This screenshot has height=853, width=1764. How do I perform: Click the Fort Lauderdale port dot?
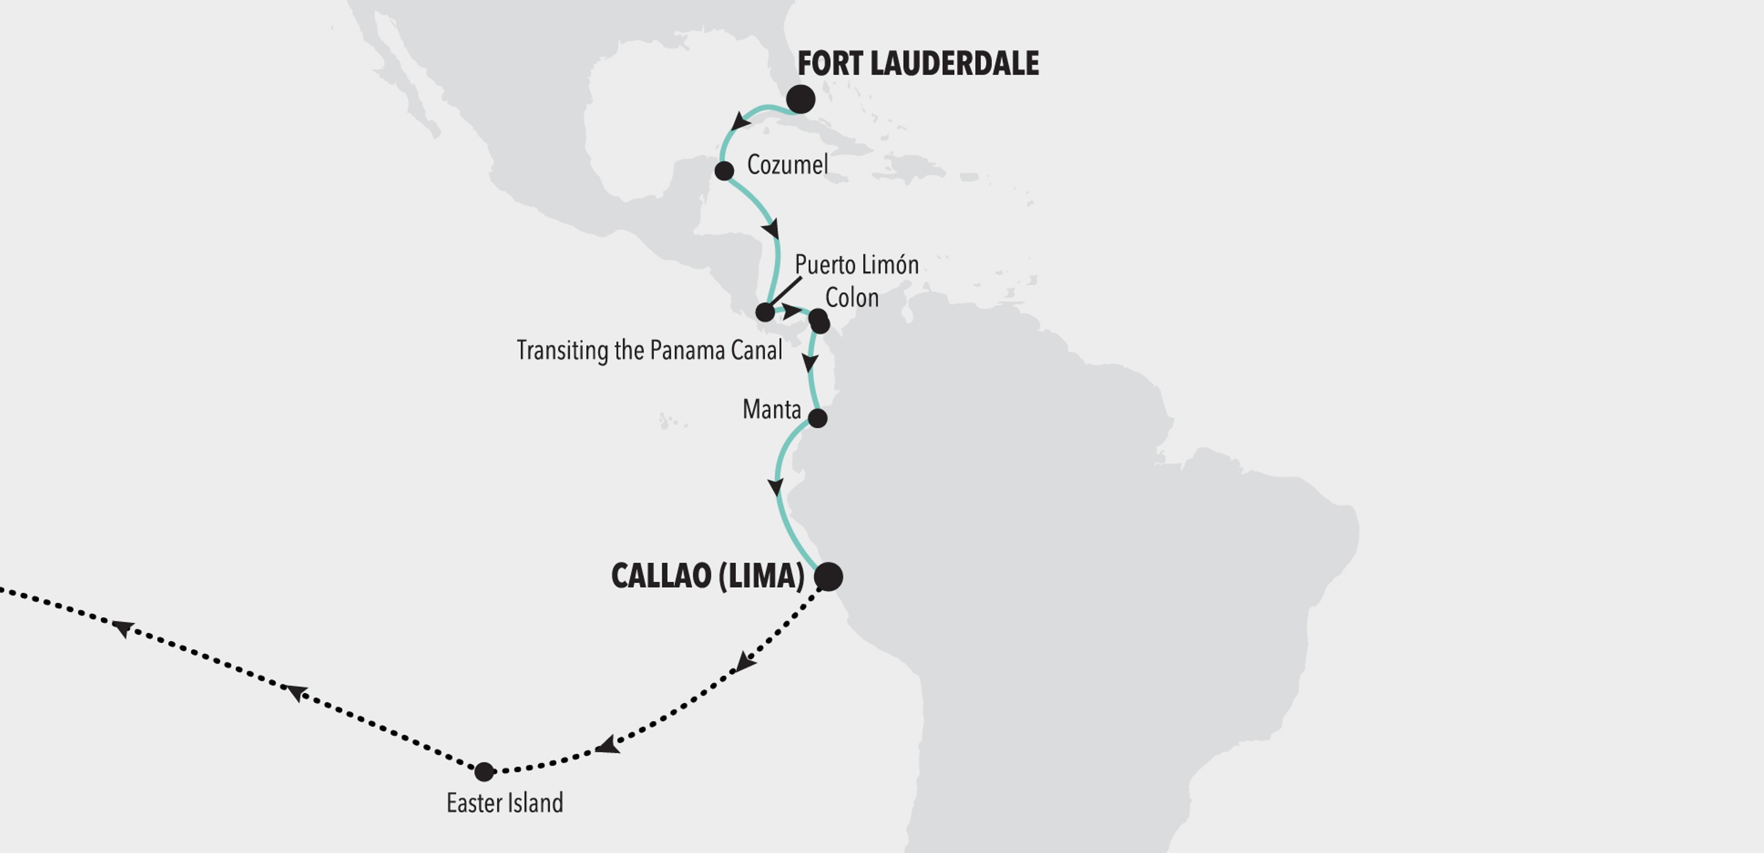click(801, 99)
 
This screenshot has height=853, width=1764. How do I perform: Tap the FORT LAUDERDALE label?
click(918, 64)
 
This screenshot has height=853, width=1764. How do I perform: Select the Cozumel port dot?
click(724, 170)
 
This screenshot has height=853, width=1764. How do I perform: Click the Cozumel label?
click(787, 165)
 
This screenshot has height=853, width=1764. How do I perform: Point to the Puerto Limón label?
click(857, 265)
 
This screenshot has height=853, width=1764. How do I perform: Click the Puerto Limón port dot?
click(764, 312)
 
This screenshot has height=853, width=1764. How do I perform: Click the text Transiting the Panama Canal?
click(649, 350)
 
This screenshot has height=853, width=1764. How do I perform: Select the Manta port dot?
click(818, 418)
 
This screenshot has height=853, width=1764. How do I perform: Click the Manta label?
click(772, 410)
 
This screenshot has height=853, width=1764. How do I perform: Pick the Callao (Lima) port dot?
click(829, 577)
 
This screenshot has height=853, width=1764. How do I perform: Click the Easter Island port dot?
click(484, 772)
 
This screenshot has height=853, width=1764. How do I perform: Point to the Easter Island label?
click(505, 803)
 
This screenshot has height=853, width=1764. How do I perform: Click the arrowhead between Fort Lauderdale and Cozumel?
click(740, 122)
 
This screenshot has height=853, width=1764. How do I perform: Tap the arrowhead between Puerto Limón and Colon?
click(791, 311)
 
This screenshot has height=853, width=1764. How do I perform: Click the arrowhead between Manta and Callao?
click(775, 487)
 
